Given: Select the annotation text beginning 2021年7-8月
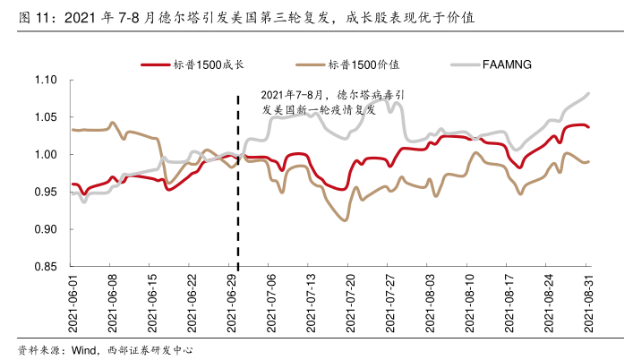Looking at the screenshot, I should click(332, 100).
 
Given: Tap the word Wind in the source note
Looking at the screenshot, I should click(83, 348).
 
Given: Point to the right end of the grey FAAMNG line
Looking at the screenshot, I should click(588, 93).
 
